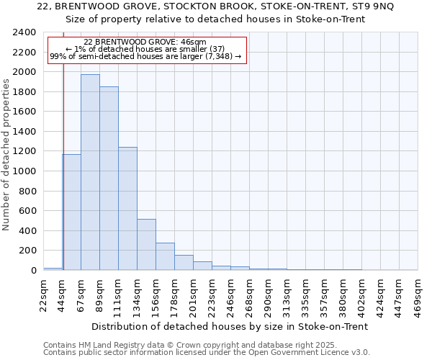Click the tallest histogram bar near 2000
(x=90, y=172)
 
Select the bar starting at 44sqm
(x=71, y=212)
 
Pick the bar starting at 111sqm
(x=127, y=208)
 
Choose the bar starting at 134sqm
(x=146, y=244)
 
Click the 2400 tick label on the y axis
(x=24, y=32)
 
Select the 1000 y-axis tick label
(x=24, y=171)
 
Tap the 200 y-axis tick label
(x=27, y=251)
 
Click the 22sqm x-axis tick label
(x=43, y=293)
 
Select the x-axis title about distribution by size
(x=230, y=326)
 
